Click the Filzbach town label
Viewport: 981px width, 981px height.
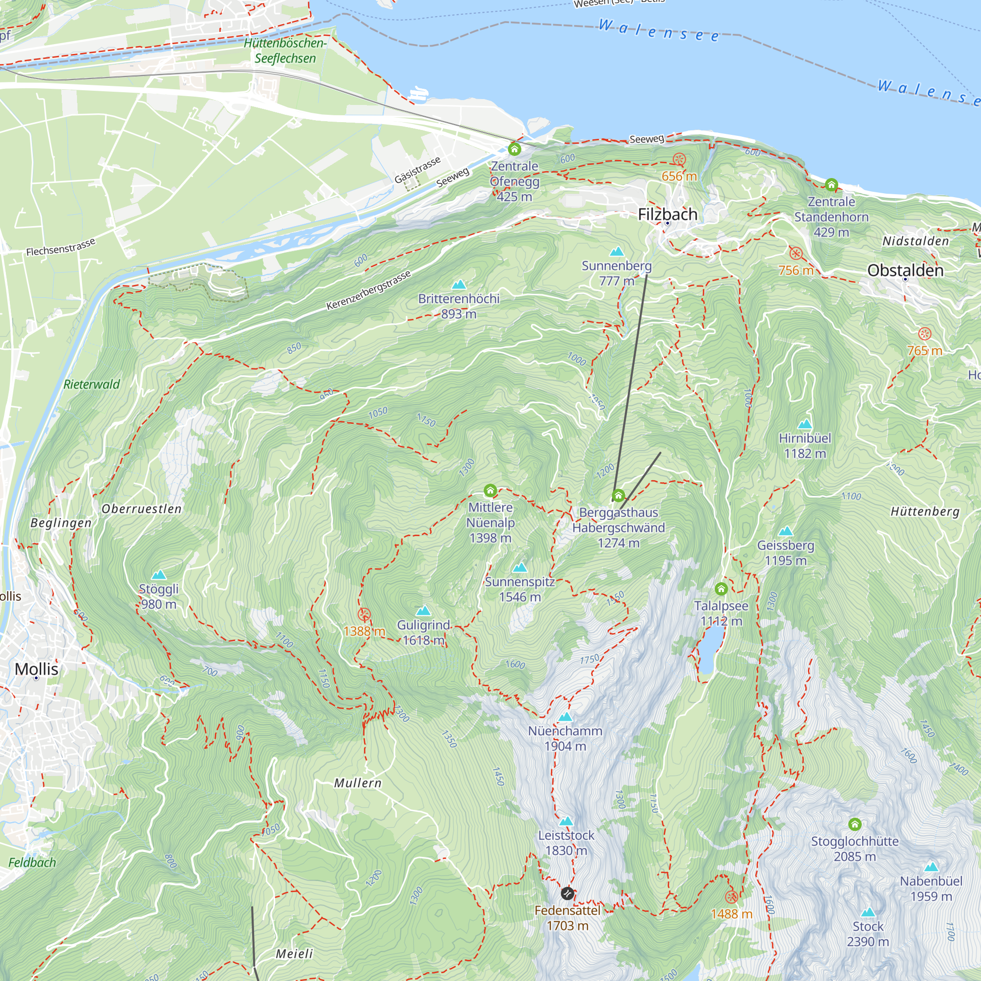click(x=667, y=214)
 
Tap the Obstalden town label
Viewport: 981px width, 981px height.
click(x=905, y=270)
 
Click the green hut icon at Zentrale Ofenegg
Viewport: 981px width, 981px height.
click(x=515, y=149)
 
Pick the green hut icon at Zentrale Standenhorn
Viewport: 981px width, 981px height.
click(x=831, y=184)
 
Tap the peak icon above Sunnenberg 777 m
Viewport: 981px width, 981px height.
click(x=617, y=251)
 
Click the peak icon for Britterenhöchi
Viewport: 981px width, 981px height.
click(x=459, y=284)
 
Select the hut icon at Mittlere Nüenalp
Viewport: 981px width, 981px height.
click(x=490, y=490)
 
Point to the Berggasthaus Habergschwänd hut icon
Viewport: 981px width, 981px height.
click(x=618, y=495)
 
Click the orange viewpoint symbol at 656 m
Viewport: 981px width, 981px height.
click(x=679, y=159)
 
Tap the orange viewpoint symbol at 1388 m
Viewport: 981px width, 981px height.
click(x=363, y=615)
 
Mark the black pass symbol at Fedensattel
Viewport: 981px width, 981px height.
click(x=567, y=893)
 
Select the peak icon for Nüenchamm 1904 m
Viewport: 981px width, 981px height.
click(x=565, y=717)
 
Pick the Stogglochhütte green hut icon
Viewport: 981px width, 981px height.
click(x=854, y=824)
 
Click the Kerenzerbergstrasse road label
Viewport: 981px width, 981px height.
click(x=368, y=290)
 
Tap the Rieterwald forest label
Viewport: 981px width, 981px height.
click(x=91, y=385)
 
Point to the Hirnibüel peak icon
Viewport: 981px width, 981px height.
click(x=804, y=424)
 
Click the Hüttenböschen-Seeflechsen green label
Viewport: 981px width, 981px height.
click(x=285, y=50)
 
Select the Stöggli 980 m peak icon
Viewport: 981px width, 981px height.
click(x=159, y=575)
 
